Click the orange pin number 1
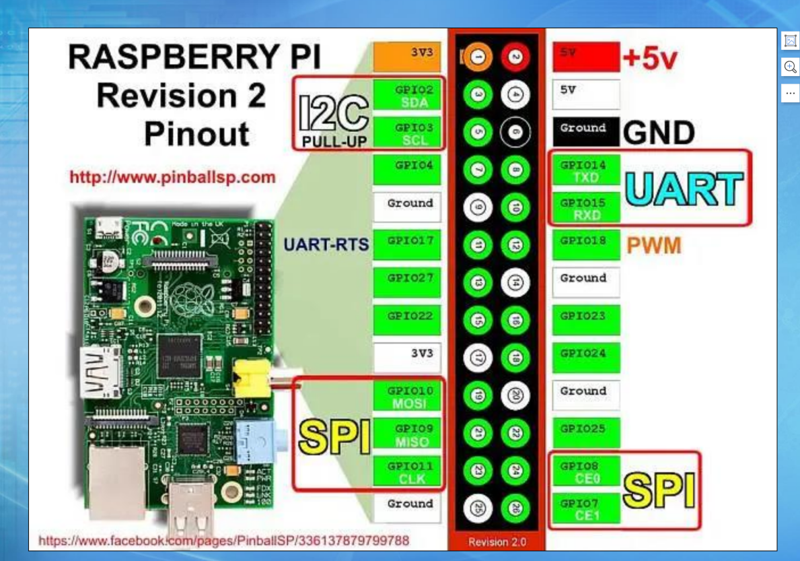pos(478,58)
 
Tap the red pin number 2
pos(515,58)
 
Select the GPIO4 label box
pos(407,170)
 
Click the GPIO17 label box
pos(407,245)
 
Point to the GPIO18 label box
pos(585,245)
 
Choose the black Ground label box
pos(585,132)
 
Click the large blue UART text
pos(684,189)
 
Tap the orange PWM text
pos(653,245)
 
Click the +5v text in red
pos(650,59)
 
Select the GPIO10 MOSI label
pos(407,396)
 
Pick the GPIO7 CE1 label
pos(585,509)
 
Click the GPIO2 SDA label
pos(407,96)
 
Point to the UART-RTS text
pos(326,244)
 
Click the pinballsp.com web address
pos(173,178)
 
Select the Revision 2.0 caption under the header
pos(497,541)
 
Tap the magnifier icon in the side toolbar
pos(791,66)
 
